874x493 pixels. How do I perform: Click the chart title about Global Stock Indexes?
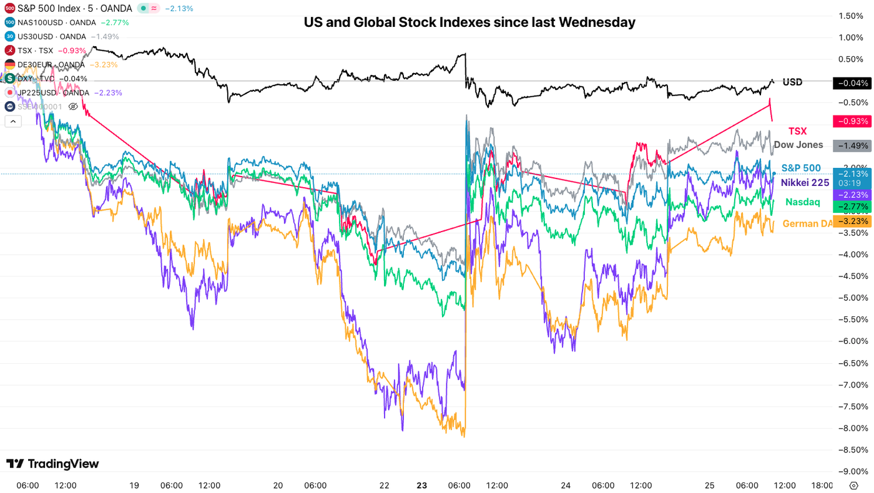469,22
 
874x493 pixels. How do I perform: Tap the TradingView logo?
52,464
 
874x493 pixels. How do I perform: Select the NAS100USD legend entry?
56,22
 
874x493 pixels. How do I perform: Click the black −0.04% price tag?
851,83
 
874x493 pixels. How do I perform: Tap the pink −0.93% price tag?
851,121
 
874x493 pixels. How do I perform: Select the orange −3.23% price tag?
851,221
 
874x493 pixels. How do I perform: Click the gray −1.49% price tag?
851,146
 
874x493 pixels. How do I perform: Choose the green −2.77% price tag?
851,206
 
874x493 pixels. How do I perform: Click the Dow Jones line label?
798,145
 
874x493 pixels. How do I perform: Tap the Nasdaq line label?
802,202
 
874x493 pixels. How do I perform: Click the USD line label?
792,82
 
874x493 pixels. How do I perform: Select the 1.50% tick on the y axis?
853,16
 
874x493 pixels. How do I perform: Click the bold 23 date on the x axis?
422,486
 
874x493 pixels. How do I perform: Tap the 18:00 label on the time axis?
822,486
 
